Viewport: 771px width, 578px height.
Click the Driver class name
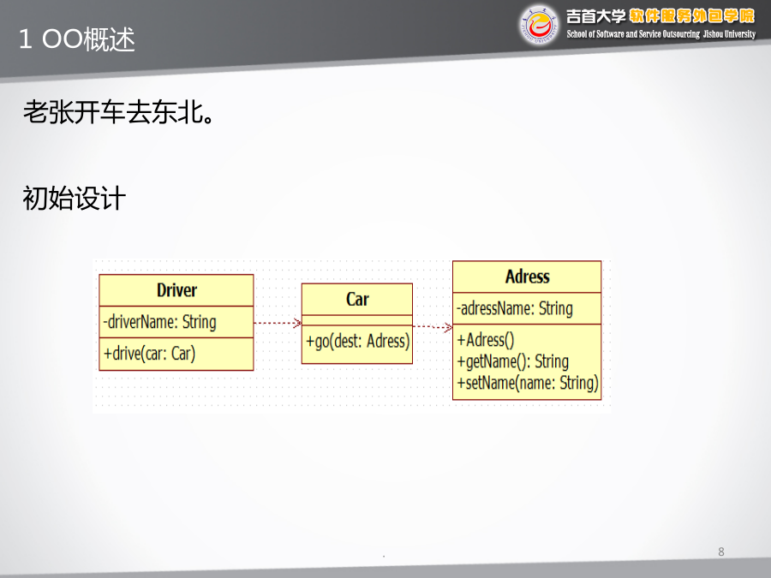pyautogui.click(x=176, y=290)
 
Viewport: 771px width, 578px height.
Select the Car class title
pyautogui.click(x=357, y=299)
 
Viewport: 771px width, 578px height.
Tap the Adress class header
pyautogui.click(x=527, y=277)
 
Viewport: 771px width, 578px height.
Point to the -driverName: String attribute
pyautogui.click(x=159, y=322)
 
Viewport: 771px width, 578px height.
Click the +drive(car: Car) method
pyautogui.click(x=149, y=354)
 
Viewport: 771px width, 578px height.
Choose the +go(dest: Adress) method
pyautogui.click(x=357, y=341)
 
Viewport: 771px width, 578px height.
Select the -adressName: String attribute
pyautogui.click(x=515, y=308)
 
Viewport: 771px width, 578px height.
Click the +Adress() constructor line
pyautogui.click(x=486, y=340)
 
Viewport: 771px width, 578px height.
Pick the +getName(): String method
pyautogui.click(x=513, y=361)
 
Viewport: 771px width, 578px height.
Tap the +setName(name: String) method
pyautogui.click(x=528, y=383)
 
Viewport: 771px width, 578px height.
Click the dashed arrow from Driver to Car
pyautogui.click(x=278, y=323)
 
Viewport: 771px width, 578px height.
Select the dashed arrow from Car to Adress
pyautogui.click(x=433, y=326)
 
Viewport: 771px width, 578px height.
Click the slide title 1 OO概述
pyautogui.click(x=77, y=39)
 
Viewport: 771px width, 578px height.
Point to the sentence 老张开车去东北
pyautogui.click(x=118, y=111)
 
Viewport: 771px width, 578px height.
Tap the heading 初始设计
pyautogui.click(x=75, y=198)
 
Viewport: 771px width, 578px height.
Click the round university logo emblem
pyautogui.click(x=539, y=25)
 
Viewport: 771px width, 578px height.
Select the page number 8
pyautogui.click(x=720, y=551)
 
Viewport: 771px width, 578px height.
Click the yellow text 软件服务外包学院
pyautogui.click(x=692, y=16)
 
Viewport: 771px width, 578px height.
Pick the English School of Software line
pyautogui.click(x=660, y=34)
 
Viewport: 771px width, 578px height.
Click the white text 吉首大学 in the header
pyautogui.click(x=595, y=16)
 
